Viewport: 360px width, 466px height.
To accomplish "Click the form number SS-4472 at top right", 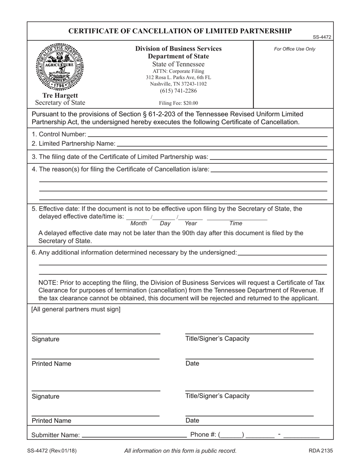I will pyautogui.click(x=322, y=37).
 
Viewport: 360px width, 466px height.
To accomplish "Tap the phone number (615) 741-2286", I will pyautogui.click(x=178, y=91).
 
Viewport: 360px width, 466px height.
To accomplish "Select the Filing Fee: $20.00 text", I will pyautogui.click(x=178, y=103).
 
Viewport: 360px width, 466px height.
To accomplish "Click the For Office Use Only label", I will pyautogui.click(x=294, y=49).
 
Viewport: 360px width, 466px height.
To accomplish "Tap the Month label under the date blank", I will pyautogui.click(x=138, y=224).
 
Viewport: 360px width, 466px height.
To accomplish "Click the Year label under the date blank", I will pyautogui.click(x=191, y=224).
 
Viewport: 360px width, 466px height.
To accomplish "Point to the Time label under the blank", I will pyautogui.click(x=236, y=224).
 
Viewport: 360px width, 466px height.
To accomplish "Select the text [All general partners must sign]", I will pyautogui.click(x=76, y=309).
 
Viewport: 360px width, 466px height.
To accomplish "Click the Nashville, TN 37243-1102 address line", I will pyautogui.click(x=178, y=84).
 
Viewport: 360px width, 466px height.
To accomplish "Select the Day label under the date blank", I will pyautogui.click(x=165, y=224).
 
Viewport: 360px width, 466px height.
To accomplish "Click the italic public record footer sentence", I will pyautogui.click(x=180, y=451).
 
